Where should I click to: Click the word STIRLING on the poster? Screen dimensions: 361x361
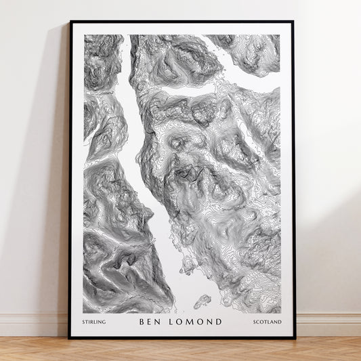[x=94, y=322]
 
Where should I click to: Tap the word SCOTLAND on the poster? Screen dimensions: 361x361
[x=268, y=322]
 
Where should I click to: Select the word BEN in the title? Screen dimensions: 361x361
[x=150, y=322]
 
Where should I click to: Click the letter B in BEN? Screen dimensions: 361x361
[x=142, y=322]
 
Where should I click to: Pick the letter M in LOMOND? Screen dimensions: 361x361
[x=192, y=322]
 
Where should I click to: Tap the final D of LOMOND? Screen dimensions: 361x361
[x=219, y=322]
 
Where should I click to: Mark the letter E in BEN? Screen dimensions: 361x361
[x=150, y=322]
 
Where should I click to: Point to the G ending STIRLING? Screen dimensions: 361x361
[x=104, y=322]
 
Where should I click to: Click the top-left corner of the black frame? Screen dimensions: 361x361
[x=70, y=22]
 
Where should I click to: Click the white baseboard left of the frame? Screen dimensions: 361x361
[x=34, y=324]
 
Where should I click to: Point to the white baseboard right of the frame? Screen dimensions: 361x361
[x=328, y=324]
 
